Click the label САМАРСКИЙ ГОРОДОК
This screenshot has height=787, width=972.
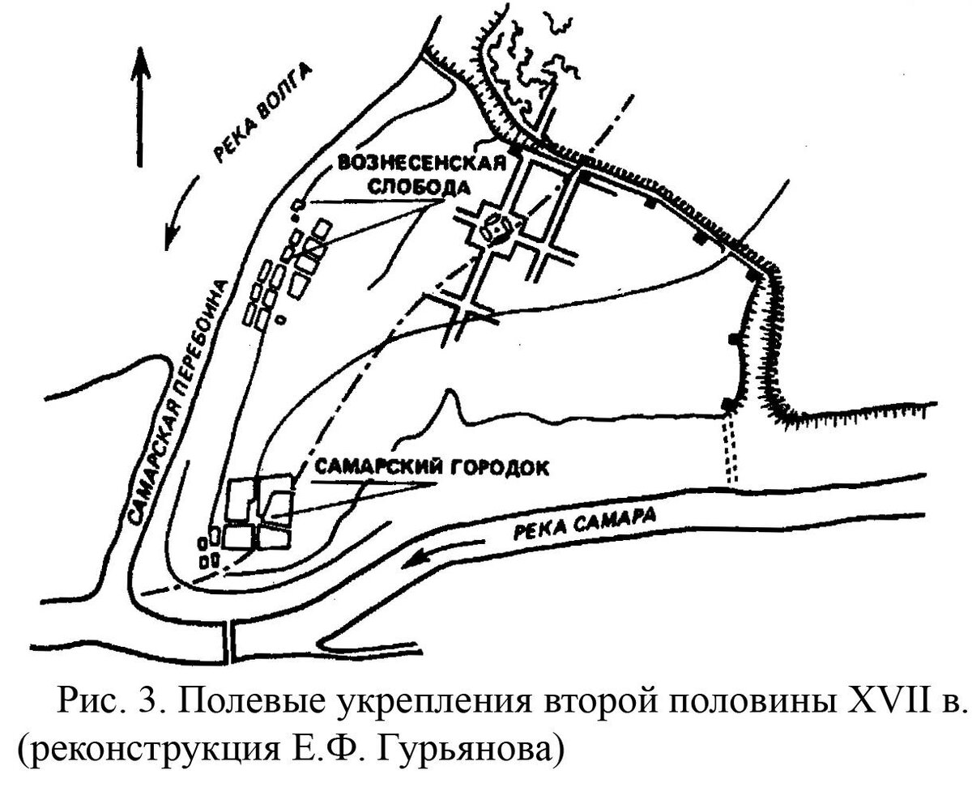pyautogui.click(x=430, y=467)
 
